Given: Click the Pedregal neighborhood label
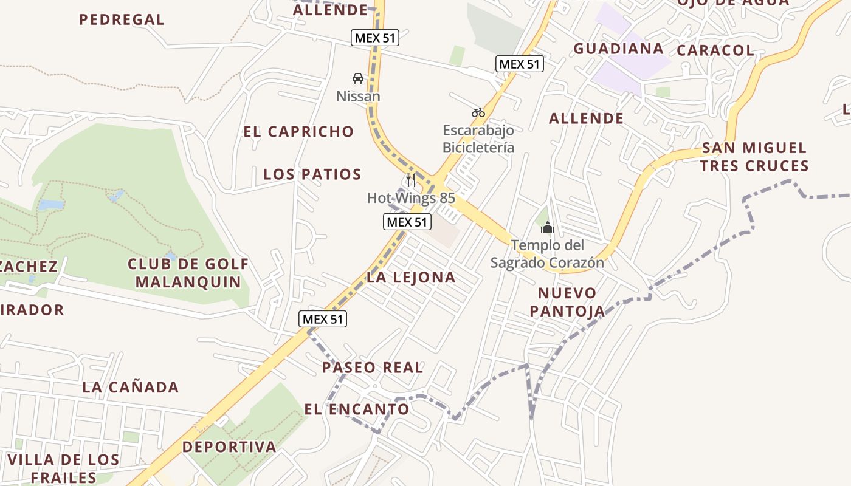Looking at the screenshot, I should point(122,19).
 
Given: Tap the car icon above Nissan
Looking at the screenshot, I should point(358,78).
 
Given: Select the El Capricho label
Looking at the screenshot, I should point(298,131).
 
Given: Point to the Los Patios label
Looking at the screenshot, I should point(312,174).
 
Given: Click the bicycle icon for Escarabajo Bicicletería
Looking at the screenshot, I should point(478,112).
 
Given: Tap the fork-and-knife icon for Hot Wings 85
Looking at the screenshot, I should point(411,180).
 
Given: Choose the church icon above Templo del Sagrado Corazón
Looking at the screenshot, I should point(548,227).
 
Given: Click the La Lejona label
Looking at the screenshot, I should point(411,278).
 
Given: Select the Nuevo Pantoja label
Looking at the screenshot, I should point(567,303).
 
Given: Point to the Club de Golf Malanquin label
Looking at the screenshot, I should point(188,273).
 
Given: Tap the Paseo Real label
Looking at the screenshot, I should point(373,368).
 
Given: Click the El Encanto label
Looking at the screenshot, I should point(357,409).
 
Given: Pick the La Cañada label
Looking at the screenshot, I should point(131,387).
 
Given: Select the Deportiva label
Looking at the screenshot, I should point(229,447).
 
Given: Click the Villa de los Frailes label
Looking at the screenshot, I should point(64,468).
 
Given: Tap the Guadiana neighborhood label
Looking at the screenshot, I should point(618,49).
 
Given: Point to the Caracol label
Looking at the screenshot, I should point(715,50).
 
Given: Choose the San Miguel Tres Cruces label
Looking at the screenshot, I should point(754,157).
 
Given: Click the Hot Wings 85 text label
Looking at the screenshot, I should point(411,198).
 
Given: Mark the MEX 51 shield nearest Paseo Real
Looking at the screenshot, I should point(323,319).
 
